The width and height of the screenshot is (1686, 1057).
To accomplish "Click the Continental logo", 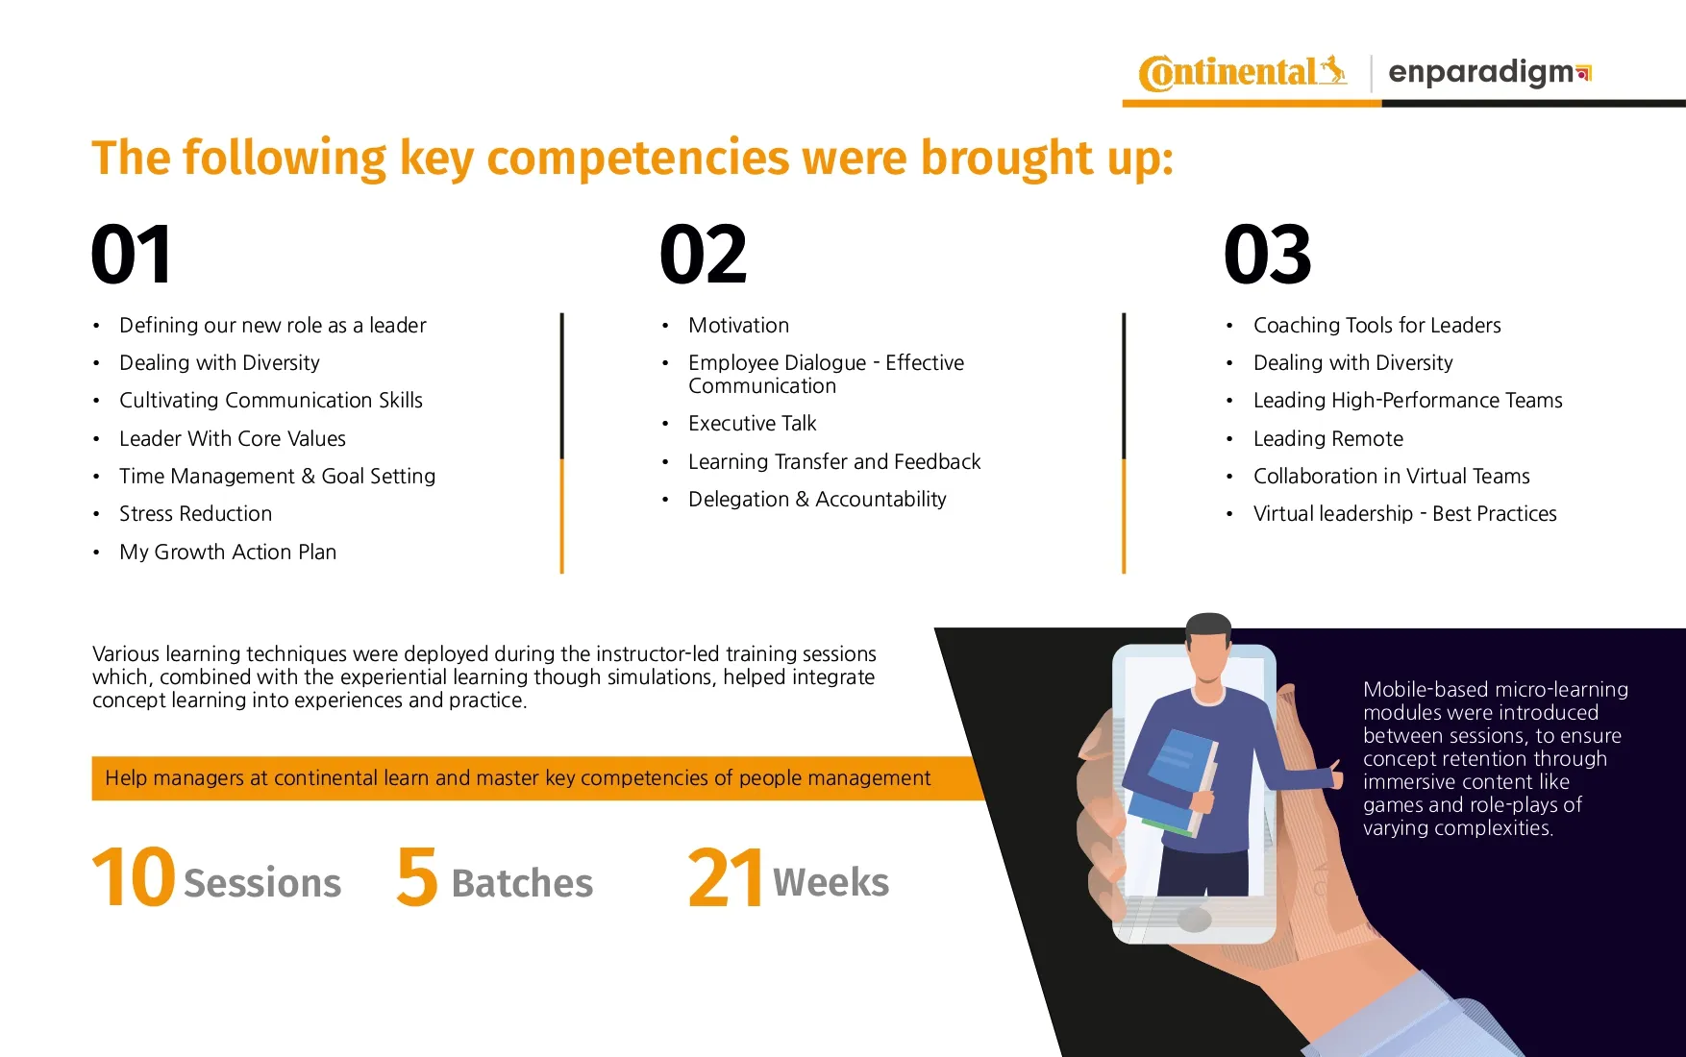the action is pos(1243,72).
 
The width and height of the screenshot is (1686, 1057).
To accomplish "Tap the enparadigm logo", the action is pos(1490,73).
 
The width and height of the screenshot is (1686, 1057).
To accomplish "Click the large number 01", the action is pos(132,255).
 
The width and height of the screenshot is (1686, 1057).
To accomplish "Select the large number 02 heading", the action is pos(703,255).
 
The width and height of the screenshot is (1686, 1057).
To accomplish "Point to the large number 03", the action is pos(1267,255).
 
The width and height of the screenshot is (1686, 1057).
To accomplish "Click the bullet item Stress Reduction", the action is pos(195,514).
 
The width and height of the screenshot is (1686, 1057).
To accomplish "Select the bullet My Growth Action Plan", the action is pos(228,553).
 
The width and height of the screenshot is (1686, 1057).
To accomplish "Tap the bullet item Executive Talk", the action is pos(752,424).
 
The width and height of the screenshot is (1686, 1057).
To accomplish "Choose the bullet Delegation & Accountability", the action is pos(817,500).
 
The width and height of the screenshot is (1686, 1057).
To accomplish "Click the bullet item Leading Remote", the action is pos(1328,439).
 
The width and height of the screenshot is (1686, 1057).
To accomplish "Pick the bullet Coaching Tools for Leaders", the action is pos(1376,326).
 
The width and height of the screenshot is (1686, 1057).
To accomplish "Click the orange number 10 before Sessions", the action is pos(134,877).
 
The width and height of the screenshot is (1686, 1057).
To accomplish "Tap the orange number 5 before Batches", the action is pos(417,877).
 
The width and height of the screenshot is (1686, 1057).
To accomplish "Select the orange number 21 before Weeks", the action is pos(726,877).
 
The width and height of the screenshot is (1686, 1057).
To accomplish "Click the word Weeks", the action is pos(831,882).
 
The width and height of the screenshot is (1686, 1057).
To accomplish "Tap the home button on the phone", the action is pos(1194,920).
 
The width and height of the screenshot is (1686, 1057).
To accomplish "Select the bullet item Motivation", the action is pos(738,326).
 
